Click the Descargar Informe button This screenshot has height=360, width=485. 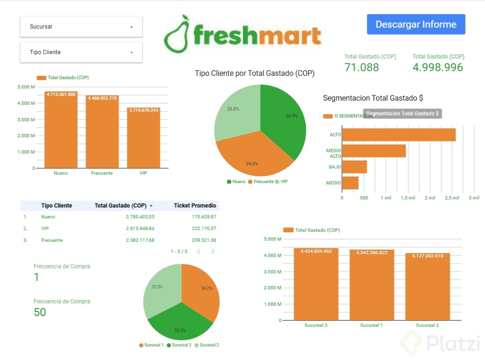[x=416, y=24]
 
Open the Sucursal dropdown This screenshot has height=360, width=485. [x=81, y=27]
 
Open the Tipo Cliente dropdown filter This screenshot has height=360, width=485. [x=81, y=52]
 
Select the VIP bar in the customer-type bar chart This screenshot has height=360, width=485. [x=143, y=138]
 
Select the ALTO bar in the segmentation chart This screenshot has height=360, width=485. [x=398, y=135]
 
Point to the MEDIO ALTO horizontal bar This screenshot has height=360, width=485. [x=373, y=151]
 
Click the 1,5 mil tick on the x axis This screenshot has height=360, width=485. [x=408, y=198]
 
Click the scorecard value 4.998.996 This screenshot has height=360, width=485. [x=438, y=67]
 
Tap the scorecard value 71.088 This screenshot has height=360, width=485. [x=362, y=67]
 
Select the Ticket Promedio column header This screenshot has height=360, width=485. [x=195, y=206]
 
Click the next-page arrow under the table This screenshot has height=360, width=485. [x=213, y=251]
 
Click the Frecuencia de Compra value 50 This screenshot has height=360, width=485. [x=40, y=312]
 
